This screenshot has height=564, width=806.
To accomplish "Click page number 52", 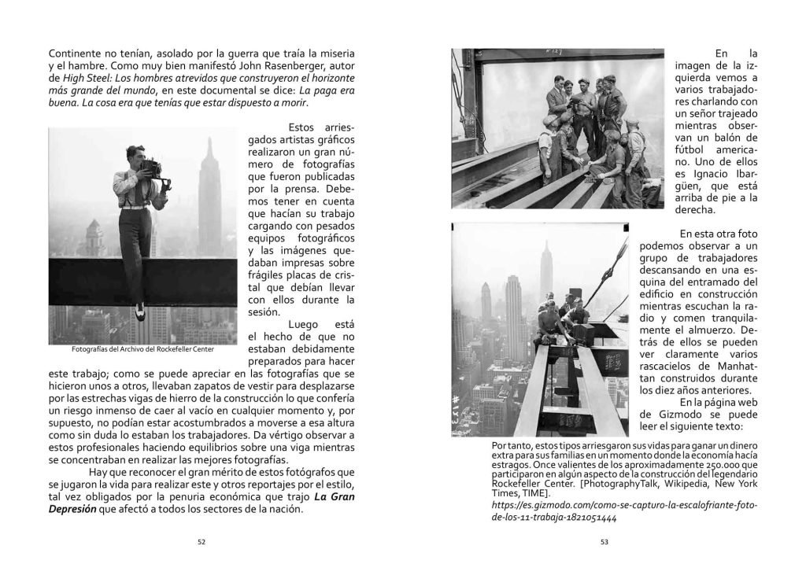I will (x=201, y=540).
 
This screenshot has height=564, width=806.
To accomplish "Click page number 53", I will (x=604, y=540).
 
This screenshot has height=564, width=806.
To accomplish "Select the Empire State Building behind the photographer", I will (x=209, y=193).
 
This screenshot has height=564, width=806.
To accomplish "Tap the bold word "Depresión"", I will (x=75, y=509).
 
